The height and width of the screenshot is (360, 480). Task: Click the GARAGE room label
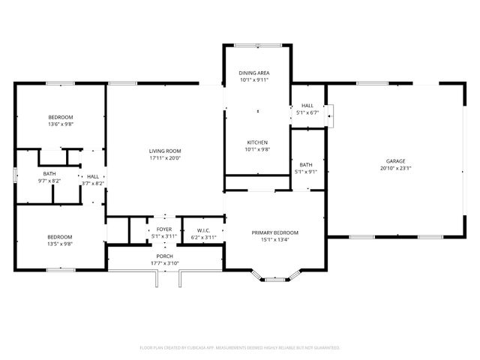395,160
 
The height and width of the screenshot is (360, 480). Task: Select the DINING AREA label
253,73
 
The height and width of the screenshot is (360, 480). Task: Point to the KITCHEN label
257,142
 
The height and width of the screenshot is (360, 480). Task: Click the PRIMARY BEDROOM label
274,232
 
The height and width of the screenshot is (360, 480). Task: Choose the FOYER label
163,230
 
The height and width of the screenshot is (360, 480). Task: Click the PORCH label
164,256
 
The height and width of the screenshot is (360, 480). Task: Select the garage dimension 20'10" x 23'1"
395,168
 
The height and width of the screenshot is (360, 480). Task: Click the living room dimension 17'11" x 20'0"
165,158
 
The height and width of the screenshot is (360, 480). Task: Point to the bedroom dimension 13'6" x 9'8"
61,124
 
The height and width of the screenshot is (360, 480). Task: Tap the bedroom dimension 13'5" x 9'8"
61,244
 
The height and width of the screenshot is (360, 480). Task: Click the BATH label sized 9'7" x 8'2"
49,174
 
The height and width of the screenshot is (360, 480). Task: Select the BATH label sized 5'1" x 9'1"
306,165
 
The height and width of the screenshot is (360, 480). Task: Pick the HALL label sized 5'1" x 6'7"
307,106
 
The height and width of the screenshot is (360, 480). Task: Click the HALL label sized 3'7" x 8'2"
93,176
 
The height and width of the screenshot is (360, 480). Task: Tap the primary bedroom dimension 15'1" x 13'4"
274,240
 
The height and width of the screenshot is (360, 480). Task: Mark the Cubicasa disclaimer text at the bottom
240,348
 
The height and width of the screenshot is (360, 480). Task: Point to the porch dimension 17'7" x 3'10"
164,262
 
